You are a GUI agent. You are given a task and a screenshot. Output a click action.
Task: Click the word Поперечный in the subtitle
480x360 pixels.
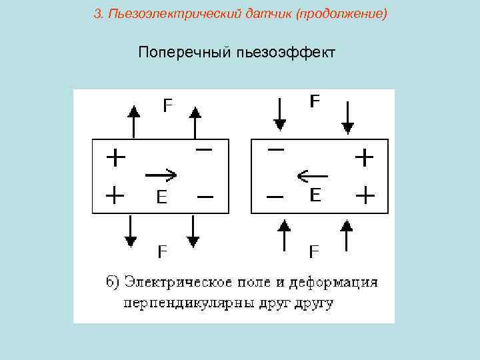click(x=184, y=52)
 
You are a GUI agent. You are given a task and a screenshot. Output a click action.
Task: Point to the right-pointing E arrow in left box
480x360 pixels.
click(x=161, y=175)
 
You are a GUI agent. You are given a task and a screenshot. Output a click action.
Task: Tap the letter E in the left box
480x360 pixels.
click(x=161, y=197)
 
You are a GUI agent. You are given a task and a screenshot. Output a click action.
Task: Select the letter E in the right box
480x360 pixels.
click(x=315, y=195)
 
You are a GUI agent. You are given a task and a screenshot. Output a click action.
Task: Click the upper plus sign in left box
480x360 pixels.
click(x=115, y=158)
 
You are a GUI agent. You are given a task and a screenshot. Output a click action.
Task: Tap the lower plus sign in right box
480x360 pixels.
click(x=365, y=196)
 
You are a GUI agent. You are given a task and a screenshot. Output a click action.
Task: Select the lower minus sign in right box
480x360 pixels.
click(x=274, y=197)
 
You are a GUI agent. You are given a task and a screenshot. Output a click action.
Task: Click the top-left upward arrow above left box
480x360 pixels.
click(x=134, y=120)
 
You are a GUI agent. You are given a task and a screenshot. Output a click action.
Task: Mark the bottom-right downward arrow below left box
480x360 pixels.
click(x=193, y=231)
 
